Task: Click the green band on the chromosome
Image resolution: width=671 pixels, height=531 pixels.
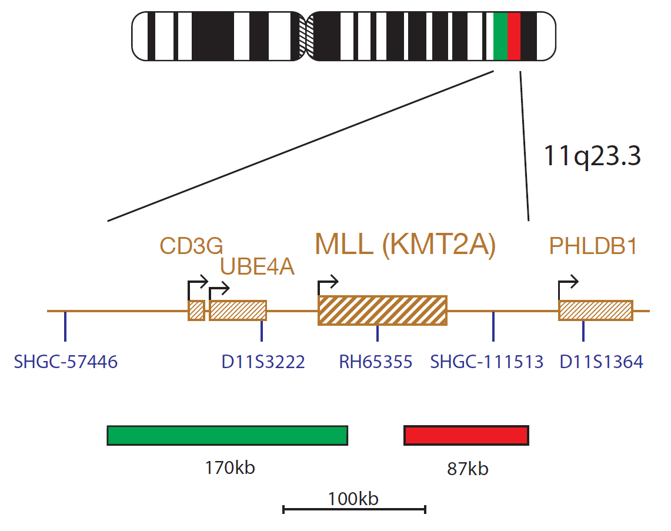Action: (x=500, y=36)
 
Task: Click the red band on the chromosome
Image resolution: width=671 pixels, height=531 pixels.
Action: (x=514, y=36)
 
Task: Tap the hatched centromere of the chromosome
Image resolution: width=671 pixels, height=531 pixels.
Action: (x=306, y=36)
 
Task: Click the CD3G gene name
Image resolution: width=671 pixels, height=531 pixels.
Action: (x=191, y=246)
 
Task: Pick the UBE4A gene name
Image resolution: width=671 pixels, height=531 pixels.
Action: (x=257, y=266)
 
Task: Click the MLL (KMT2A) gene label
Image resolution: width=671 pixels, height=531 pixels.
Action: (x=405, y=245)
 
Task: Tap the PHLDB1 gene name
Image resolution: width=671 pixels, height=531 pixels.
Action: (x=593, y=246)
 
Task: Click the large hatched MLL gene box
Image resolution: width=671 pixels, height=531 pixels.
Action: (x=383, y=310)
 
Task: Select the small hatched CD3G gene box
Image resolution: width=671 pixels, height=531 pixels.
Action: (x=196, y=310)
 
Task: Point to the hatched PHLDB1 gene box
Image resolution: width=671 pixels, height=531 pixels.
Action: (x=596, y=310)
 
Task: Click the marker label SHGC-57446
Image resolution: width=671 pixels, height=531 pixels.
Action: (x=65, y=362)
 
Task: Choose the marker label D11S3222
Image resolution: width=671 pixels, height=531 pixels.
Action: (x=263, y=362)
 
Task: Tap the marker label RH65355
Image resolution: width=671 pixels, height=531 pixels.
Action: (x=376, y=362)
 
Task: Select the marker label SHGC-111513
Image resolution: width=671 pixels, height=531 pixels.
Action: (x=486, y=362)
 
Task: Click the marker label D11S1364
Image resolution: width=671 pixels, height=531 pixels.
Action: (x=601, y=362)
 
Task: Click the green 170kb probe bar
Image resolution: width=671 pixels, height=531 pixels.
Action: (x=227, y=436)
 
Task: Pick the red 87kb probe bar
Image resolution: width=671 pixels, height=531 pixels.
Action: (x=466, y=436)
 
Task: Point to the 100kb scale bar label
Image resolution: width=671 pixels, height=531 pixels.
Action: (x=353, y=499)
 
